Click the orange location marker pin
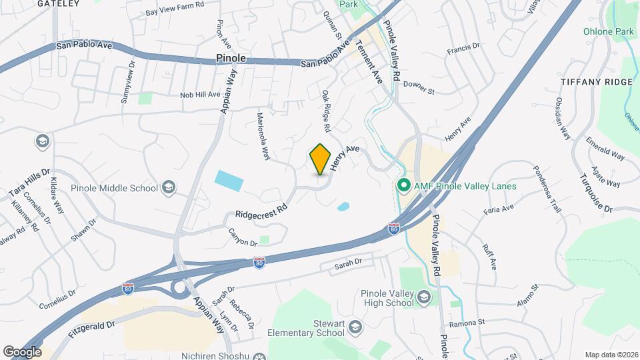[x=321, y=159]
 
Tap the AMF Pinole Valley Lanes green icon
[x=403, y=186]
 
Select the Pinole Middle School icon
[x=169, y=187]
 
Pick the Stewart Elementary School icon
[x=355, y=327]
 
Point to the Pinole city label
[x=231, y=59]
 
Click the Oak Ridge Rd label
[x=326, y=110]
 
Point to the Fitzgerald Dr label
[x=92, y=327]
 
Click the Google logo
[x=22, y=351]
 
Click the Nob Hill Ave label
[x=200, y=95]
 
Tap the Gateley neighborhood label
[x=53, y=3]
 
